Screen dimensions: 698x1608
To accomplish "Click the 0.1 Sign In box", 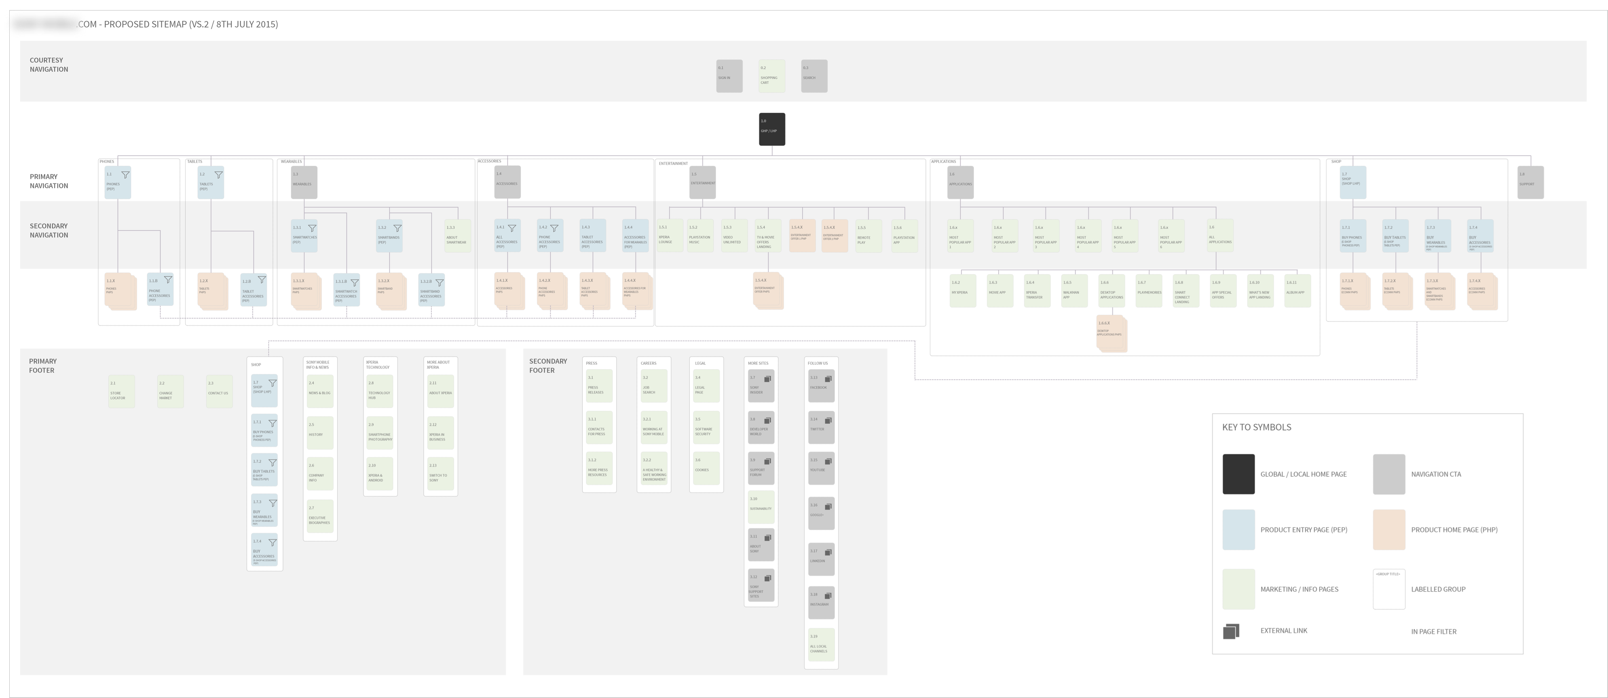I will click(x=729, y=76).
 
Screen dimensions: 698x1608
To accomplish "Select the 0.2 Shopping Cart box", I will click(x=771, y=76).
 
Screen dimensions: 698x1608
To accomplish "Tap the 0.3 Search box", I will click(x=814, y=76).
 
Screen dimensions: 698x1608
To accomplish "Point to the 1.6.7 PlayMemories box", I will click(x=1149, y=290).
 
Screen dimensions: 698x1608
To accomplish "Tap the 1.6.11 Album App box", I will click(x=1297, y=290).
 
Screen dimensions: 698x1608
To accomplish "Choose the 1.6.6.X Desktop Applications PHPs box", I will click(x=1111, y=333).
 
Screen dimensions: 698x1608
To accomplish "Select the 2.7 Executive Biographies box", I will click(x=319, y=516).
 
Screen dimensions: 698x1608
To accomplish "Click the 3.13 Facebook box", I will click(x=821, y=386).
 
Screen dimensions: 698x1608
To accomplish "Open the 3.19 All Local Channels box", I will click(x=821, y=644).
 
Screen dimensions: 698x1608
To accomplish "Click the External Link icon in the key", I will click(x=1230, y=631).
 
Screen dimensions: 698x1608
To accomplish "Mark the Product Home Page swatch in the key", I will click(x=1389, y=529).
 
